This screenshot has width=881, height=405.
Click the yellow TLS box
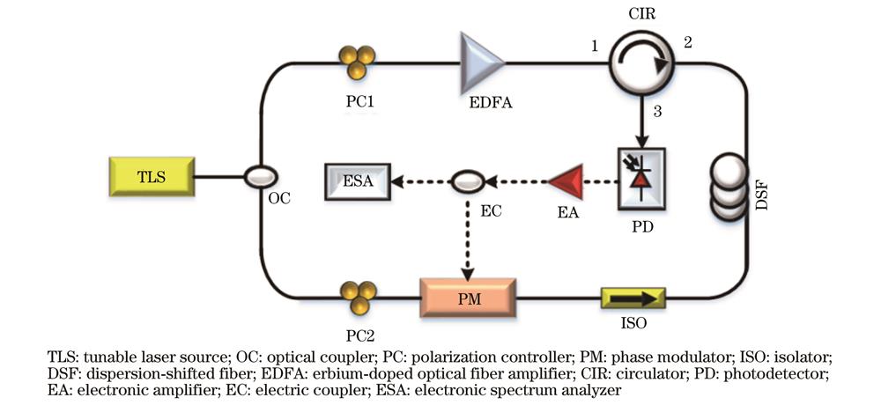(x=149, y=176)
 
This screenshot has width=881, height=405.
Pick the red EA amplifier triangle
(x=565, y=183)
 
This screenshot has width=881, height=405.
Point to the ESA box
(x=356, y=182)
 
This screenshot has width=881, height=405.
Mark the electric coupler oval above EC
(x=467, y=182)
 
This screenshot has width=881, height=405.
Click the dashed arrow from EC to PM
(x=467, y=233)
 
